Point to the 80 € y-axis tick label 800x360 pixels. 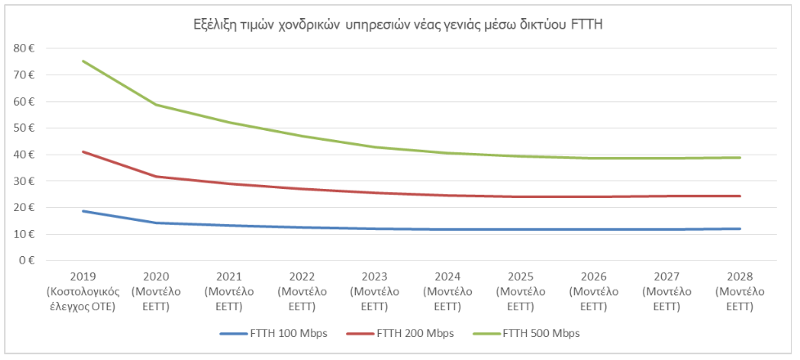click(24, 48)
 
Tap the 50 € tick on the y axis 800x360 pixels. click(24, 128)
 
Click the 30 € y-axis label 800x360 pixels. click(24, 181)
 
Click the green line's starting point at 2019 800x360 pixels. click(83, 61)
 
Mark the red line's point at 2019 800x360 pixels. click(83, 151)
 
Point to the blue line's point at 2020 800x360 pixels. click(155, 223)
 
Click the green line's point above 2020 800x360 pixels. click(155, 105)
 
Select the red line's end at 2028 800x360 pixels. click(739, 196)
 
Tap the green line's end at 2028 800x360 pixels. click(739, 158)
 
